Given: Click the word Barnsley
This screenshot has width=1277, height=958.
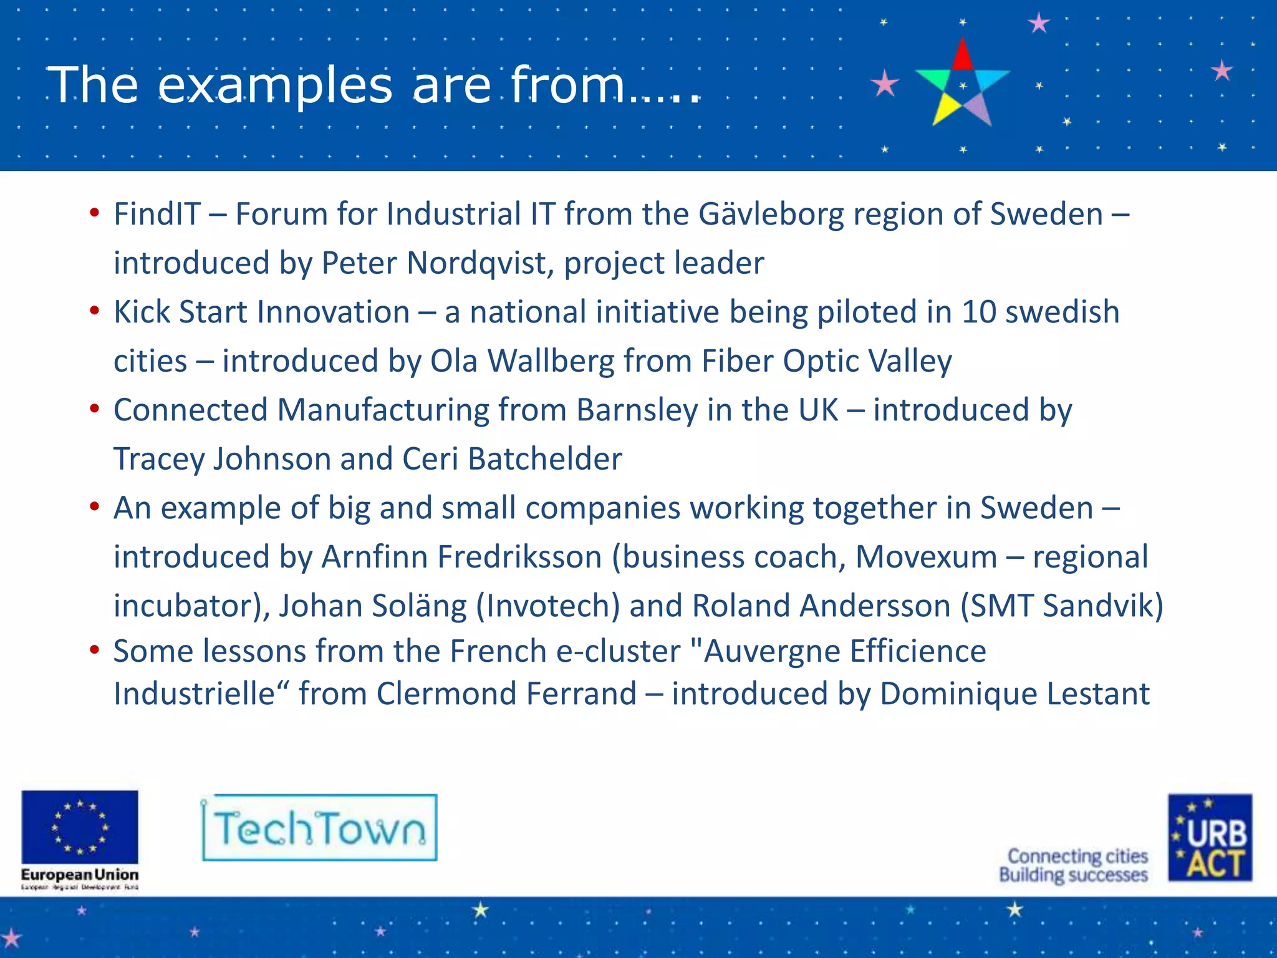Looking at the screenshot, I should tap(637, 410).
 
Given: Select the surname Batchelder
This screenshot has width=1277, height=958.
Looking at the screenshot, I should tap(544, 458).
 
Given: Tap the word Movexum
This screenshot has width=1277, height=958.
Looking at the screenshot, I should tap(927, 556).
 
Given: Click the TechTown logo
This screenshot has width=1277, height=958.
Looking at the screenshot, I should tap(319, 828).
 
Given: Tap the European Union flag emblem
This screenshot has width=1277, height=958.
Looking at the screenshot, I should tap(80, 827).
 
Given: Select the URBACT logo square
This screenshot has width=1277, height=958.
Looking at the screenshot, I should tap(1210, 838).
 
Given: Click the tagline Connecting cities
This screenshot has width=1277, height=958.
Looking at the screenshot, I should tap(1077, 856).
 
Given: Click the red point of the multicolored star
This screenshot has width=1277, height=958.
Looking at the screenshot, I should tap(963, 55).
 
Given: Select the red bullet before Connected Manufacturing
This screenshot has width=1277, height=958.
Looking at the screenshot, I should tap(94, 409).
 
